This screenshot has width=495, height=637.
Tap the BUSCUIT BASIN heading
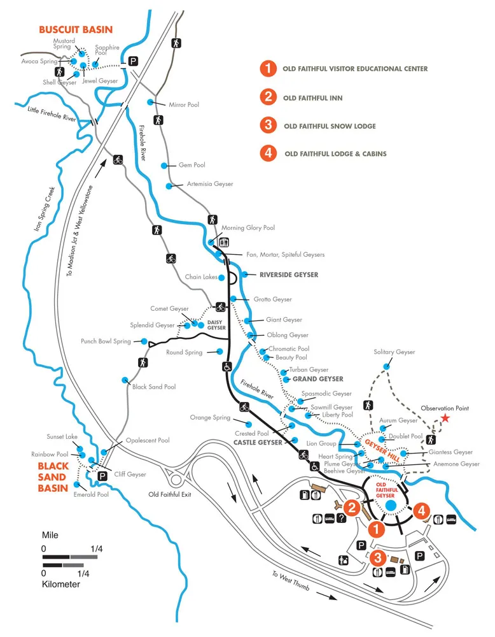pyautogui.click(x=76, y=29)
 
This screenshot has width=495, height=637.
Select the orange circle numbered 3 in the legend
pyautogui.click(x=268, y=126)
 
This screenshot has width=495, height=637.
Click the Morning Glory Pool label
pyautogui.click(x=247, y=227)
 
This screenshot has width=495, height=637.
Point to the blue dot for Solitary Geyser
pyautogui.click(x=387, y=366)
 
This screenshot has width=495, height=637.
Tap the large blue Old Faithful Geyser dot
pyautogui.click(x=391, y=505)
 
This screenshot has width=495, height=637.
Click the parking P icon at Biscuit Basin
pyautogui.click(x=134, y=62)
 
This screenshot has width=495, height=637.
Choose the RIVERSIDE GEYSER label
pyautogui.click(x=288, y=275)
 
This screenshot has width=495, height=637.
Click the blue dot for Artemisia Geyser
pyautogui.click(x=169, y=186)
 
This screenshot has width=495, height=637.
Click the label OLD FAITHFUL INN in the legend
pyautogui.click(x=312, y=97)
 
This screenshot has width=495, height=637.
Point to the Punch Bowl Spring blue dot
pyautogui.click(x=144, y=341)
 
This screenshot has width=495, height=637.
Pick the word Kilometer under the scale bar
pyautogui.click(x=61, y=583)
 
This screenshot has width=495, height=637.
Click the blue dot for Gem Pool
pyautogui.click(x=164, y=165)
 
